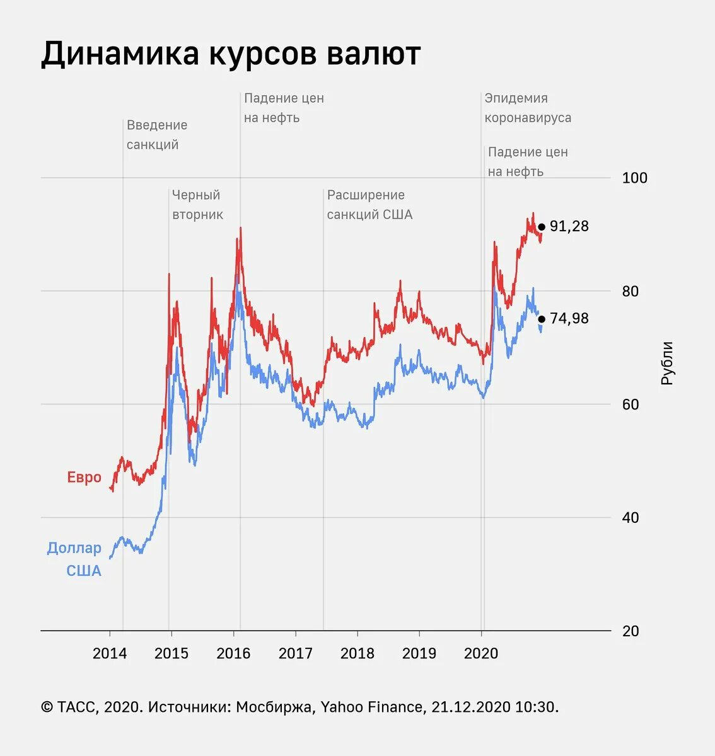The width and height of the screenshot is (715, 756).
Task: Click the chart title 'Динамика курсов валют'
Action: click(231, 54)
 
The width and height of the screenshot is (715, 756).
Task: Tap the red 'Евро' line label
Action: click(84, 477)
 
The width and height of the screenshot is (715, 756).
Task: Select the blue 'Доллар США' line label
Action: click(74, 559)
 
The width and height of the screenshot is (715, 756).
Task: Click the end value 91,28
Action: click(569, 226)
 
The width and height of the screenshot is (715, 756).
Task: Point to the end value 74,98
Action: click(569, 318)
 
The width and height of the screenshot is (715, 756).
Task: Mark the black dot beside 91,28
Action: click(542, 227)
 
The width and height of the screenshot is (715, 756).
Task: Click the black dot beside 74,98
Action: click(542, 319)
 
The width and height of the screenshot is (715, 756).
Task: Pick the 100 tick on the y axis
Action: click(634, 178)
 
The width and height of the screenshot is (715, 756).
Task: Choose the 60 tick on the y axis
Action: click(631, 404)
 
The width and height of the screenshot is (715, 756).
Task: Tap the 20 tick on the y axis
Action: click(631, 631)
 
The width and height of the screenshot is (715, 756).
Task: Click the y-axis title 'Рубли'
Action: click(667, 363)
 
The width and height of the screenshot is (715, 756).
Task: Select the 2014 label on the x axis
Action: click(110, 653)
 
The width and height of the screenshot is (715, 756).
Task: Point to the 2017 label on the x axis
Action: click(295, 653)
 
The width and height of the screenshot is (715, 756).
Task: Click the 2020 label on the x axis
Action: click(481, 653)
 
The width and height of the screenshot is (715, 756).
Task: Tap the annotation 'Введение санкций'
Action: click(156, 135)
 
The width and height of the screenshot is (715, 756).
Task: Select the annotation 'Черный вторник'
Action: click(197, 205)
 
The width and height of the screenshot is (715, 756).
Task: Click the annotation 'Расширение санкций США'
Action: click(369, 205)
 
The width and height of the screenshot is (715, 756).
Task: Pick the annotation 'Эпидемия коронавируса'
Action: click(528, 108)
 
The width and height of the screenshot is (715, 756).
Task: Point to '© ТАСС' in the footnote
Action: click(68, 707)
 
